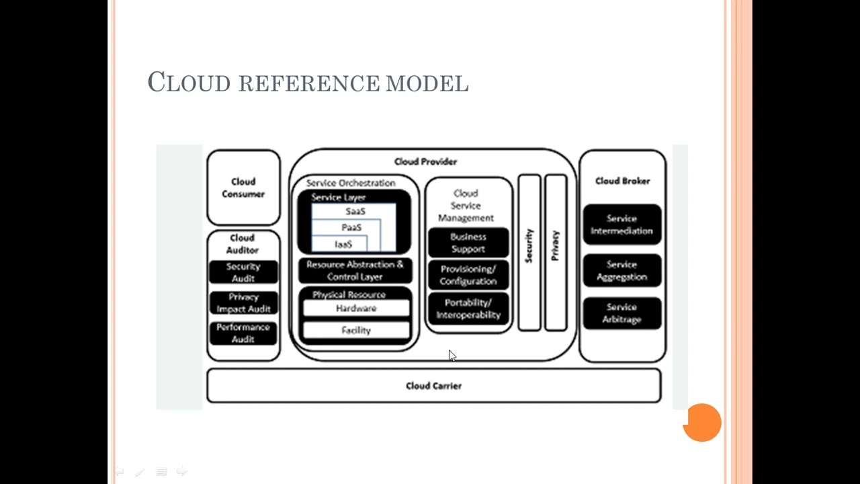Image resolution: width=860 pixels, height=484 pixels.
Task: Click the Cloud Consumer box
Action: (x=243, y=188)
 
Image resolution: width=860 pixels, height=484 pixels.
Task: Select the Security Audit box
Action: (x=243, y=272)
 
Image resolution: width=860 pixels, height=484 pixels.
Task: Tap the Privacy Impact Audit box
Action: (x=243, y=302)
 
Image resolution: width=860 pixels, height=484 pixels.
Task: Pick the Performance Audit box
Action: (x=243, y=333)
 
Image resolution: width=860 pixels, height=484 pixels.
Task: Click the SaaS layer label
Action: (x=355, y=211)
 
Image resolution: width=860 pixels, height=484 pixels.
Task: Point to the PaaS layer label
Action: (x=351, y=228)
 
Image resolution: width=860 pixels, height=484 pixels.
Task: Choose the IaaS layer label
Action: (x=343, y=244)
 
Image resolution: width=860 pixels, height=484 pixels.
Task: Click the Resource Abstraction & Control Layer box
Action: (x=355, y=270)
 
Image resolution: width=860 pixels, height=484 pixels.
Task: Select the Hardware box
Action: (x=356, y=309)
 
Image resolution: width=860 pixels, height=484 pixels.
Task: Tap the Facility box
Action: (x=356, y=330)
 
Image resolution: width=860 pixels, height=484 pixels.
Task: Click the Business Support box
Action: (x=468, y=243)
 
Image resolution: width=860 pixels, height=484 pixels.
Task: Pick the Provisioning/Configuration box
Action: (x=468, y=275)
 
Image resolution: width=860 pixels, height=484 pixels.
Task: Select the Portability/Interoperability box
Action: (x=468, y=309)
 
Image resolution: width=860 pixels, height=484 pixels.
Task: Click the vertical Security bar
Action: (x=529, y=252)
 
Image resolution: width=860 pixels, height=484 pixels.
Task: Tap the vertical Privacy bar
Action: (x=556, y=252)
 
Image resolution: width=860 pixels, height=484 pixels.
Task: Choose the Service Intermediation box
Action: (x=621, y=225)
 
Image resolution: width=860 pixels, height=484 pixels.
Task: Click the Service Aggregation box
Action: (x=621, y=270)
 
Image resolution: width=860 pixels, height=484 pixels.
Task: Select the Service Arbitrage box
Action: (x=621, y=313)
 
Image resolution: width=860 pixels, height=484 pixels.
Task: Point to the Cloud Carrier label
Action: (x=433, y=386)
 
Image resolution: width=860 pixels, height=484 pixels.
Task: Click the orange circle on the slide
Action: (x=702, y=423)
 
